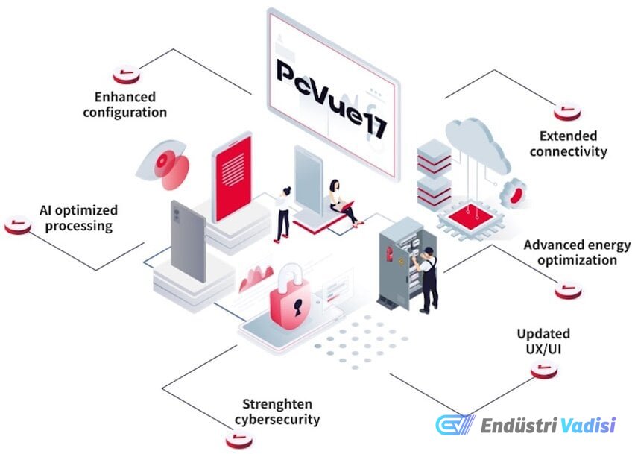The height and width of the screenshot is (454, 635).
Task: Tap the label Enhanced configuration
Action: click(124, 105)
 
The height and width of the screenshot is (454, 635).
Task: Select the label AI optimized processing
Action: click(78, 218)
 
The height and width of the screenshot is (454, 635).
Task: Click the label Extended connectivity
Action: click(568, 144)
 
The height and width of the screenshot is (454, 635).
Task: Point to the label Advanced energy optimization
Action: click(577, 252)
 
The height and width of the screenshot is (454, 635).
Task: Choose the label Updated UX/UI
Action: click(543, 341)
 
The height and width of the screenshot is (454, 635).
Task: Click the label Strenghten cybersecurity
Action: click(277, 412)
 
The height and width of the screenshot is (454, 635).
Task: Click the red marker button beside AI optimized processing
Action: click(18, 225)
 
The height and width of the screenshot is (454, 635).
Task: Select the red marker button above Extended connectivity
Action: click(567, 111)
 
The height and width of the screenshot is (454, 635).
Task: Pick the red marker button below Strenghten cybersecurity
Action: click(239, 439)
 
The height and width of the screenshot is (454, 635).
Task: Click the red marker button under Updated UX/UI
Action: click(544, 369)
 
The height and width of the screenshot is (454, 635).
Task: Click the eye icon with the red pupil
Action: click(162, 164)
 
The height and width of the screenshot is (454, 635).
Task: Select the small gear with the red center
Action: click(514, 194)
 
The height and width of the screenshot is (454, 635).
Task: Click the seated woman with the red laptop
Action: click(343, 202)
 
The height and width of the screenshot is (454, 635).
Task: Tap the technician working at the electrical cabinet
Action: click(426, 279)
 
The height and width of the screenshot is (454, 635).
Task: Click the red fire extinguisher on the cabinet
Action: click(390, 253)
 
